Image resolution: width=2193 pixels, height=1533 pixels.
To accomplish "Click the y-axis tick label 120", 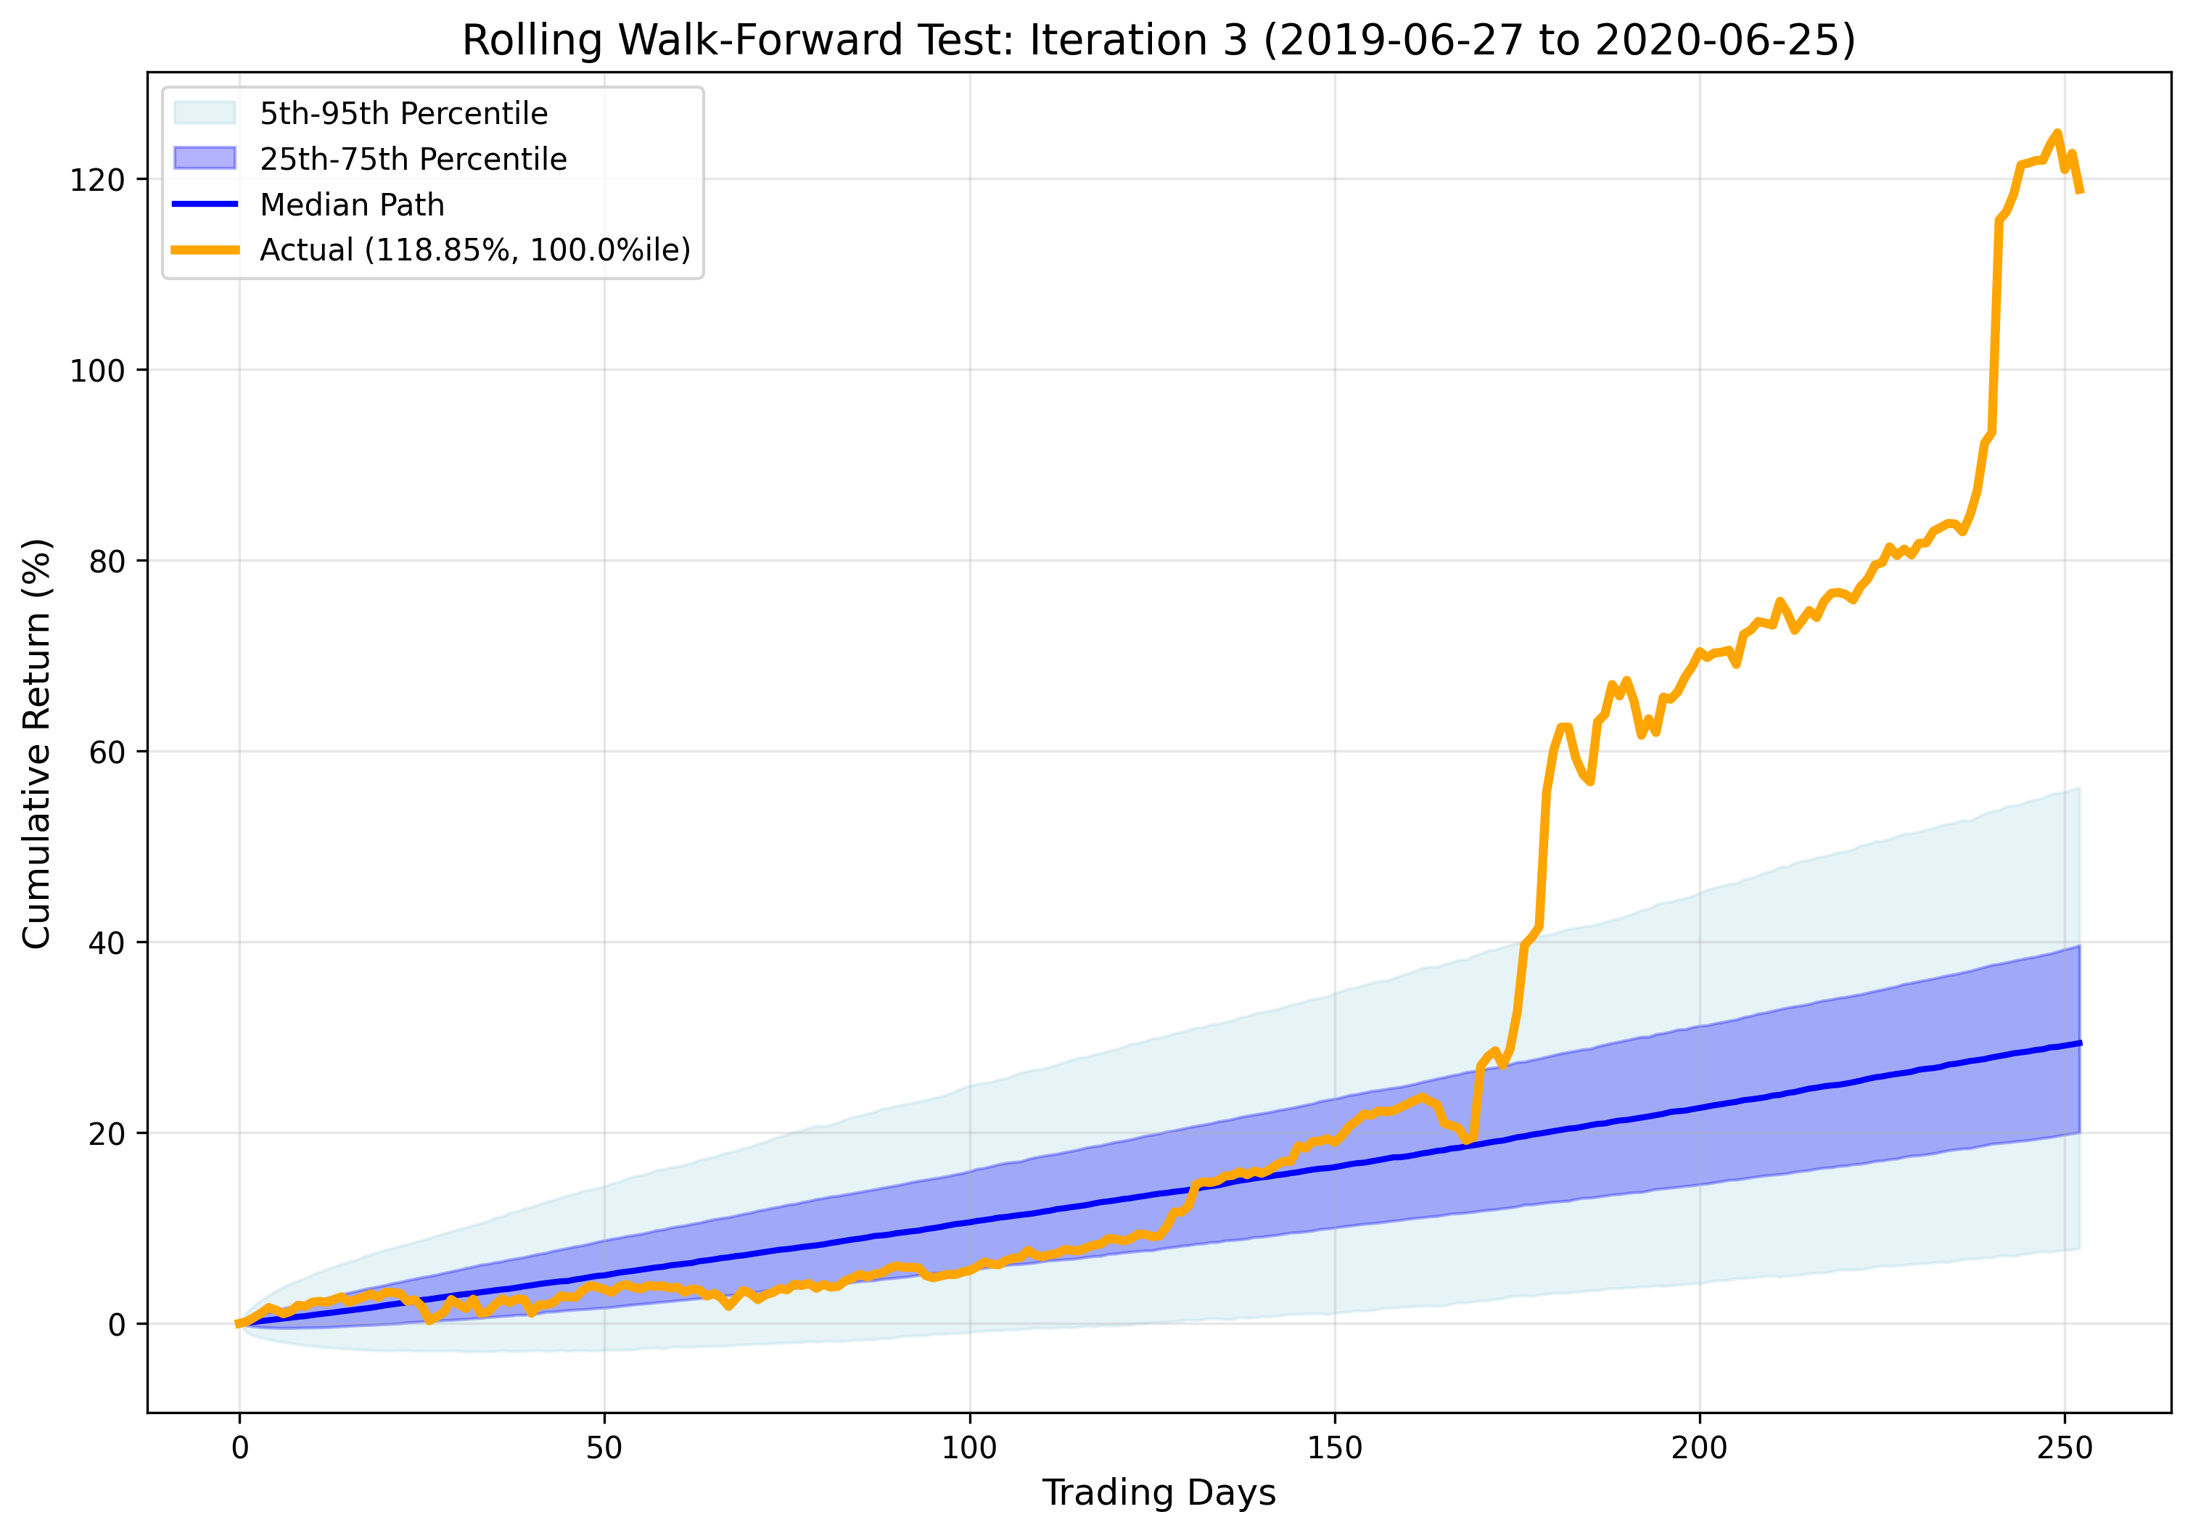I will [x=96, y=181].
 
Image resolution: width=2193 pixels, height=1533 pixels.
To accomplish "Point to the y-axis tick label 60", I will [x=107, y=752].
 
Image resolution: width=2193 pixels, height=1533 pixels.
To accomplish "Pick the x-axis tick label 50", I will [x=604, y=1448].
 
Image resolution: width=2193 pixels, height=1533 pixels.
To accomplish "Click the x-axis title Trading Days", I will [x=1159, y=1493].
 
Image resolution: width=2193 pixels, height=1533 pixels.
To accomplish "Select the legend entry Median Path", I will [x=352, y=205].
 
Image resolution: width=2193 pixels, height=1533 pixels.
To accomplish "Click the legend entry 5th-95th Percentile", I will [x=403, y=114].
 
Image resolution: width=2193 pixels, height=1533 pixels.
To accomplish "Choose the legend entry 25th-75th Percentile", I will [x=413, y=159].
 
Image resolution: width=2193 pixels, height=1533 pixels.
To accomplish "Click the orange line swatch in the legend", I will [x=205, y=250].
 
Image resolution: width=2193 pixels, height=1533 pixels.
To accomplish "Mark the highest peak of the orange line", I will [x=2057, y=133].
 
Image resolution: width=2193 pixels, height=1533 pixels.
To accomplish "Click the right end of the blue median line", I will [x=2079, y=1043].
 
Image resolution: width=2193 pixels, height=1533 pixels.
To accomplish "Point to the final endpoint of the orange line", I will [x=2079, y=192].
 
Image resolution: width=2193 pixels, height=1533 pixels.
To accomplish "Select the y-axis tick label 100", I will [x=96, y=371].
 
